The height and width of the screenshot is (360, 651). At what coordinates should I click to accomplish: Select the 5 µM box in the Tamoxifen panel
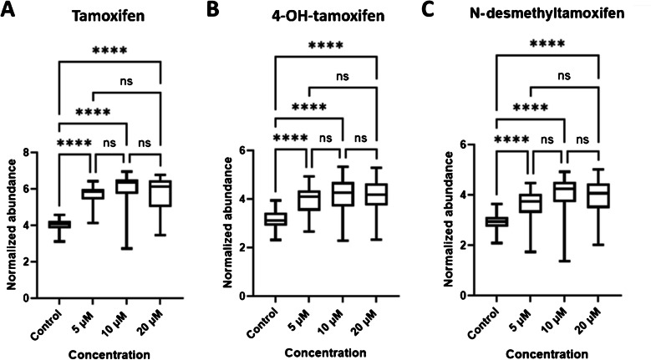click(x=92, y=193)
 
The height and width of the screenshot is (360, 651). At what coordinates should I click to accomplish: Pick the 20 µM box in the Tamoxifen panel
click(x=159, y=193)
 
